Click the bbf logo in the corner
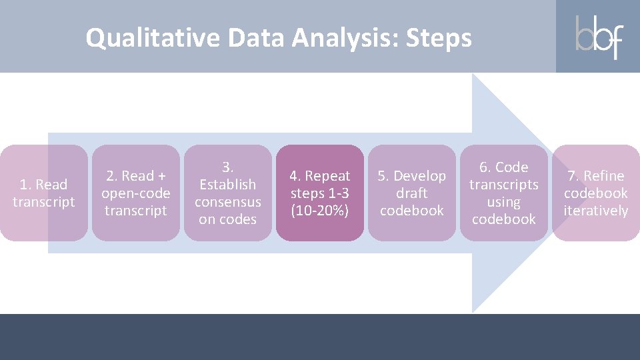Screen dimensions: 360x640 598,37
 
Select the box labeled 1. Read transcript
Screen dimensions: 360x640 44,193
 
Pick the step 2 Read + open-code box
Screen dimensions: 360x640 135,193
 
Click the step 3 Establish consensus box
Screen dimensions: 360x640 228,193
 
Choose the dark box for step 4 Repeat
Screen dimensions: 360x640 320,193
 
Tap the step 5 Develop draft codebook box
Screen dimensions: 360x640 412,193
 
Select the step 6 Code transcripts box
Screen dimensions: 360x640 504,193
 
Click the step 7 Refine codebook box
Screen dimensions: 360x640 596,193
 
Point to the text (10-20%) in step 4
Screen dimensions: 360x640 320,211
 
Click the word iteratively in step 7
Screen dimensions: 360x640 596,211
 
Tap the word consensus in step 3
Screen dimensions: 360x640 228,201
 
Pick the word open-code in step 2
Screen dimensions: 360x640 136,193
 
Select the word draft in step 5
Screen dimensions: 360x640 412,193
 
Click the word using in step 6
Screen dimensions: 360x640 504,201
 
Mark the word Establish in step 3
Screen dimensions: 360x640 228,184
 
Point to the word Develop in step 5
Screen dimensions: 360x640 420,176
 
